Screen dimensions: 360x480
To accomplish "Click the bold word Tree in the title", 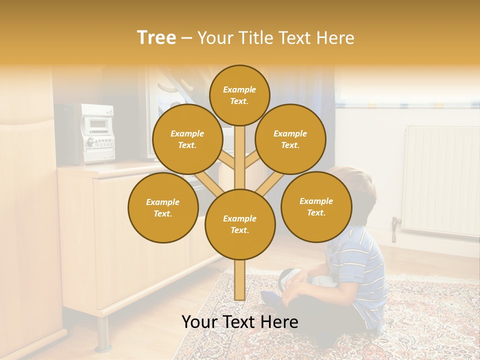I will (156, 37).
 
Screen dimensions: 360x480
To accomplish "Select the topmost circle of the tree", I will (239, 95).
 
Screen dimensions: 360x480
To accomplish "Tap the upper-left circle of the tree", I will (187, 139).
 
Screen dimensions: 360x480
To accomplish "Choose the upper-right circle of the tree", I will (290, 139).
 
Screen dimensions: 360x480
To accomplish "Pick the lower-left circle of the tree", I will (163, 208).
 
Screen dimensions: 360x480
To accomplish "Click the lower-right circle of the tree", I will (316, 207).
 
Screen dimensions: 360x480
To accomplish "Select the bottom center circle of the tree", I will (240, 224).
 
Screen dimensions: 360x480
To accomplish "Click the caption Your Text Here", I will (239, 322).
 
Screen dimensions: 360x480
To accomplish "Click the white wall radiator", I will (440, 180).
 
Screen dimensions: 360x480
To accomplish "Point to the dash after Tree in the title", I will (186, 38).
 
